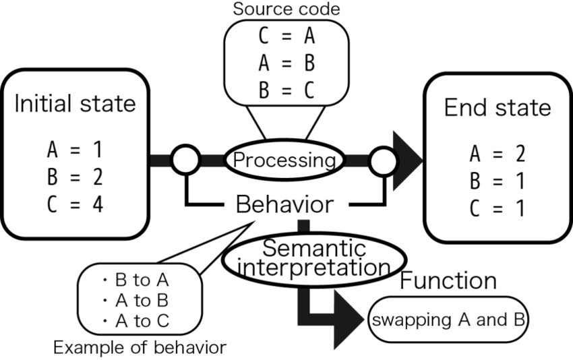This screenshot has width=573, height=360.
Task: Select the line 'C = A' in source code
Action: (x=286, y=35)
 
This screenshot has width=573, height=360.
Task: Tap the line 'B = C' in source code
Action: (x=286, y=90)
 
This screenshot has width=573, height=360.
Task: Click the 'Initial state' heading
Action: (x=75, y=104)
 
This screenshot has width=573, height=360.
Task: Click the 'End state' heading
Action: (x=497, y=108)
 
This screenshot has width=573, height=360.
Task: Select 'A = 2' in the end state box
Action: (x=497, y=155)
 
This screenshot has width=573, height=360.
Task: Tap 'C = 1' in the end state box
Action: (x=497, y=209)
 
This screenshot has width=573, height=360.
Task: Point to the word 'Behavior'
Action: (x=284, y=204)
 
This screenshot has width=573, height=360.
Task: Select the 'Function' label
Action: (x=448, y=280)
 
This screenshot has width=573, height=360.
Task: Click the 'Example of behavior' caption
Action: (x=140, y=348)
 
